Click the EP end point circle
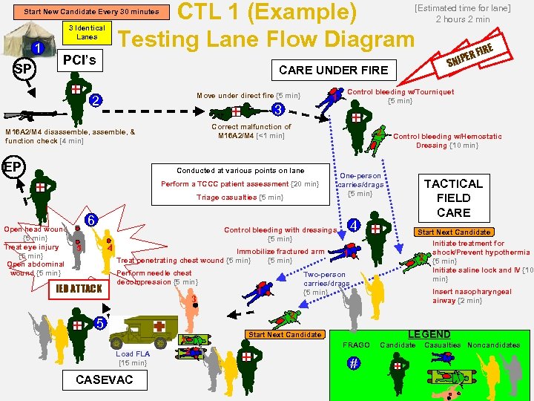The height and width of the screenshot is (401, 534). pos(13,166)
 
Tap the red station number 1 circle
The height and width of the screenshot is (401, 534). pos(39,49)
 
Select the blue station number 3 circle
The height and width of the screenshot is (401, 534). pos(277,110)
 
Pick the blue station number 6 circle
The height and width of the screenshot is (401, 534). pos(90,221)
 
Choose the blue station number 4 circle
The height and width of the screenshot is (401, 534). pos(355,225)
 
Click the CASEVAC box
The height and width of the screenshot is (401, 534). pos(104,380)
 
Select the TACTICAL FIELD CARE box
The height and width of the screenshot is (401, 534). pos(453,198)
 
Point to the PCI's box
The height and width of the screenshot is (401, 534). pos(79,59)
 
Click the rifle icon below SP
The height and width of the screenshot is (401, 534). pos(25,116)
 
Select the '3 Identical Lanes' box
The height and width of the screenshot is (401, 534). pos(87,32)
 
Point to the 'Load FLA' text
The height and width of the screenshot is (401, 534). pos(133,354)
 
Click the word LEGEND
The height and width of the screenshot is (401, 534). pos(429,334)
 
